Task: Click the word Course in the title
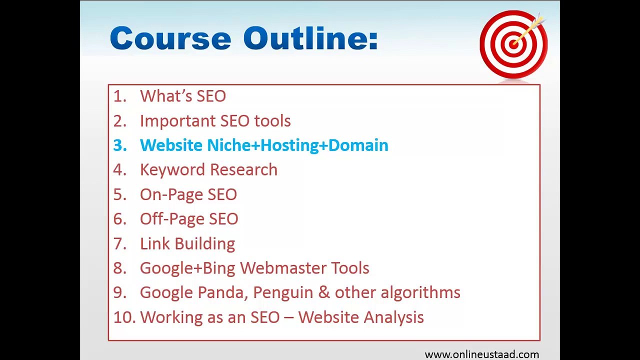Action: pos(170,38)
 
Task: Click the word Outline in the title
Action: pos(310,38)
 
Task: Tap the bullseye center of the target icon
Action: pos(512,44)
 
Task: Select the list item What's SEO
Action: pos(182,96)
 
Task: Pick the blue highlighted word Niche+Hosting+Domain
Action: pos(297,145)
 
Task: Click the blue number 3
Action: pos(119,145)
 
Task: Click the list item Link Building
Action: pos(187,243)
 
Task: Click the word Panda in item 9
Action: pos(222,292)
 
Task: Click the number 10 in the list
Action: pos(124,317)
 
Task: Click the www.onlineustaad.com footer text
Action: pos(481,354)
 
